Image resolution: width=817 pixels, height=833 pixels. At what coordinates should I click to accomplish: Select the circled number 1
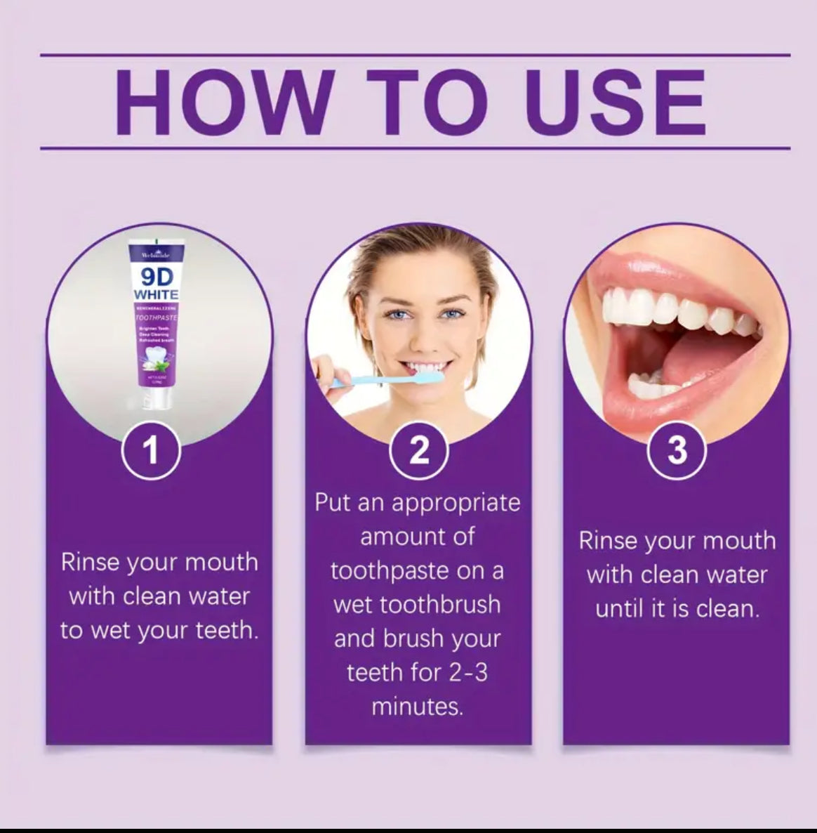tap(151, 451)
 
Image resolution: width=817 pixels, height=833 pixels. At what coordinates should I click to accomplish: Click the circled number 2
tap(419, 450)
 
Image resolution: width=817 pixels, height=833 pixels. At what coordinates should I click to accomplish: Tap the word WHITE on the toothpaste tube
tap(156, 294)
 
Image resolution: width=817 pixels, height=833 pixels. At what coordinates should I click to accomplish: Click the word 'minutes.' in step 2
tap(418, 706)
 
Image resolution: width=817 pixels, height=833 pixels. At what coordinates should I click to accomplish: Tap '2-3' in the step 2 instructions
tap(467, 672)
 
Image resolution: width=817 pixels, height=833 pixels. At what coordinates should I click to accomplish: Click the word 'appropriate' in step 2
tap(456, 503)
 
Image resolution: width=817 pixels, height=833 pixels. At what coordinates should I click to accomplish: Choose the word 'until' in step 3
tap(617, 608)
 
